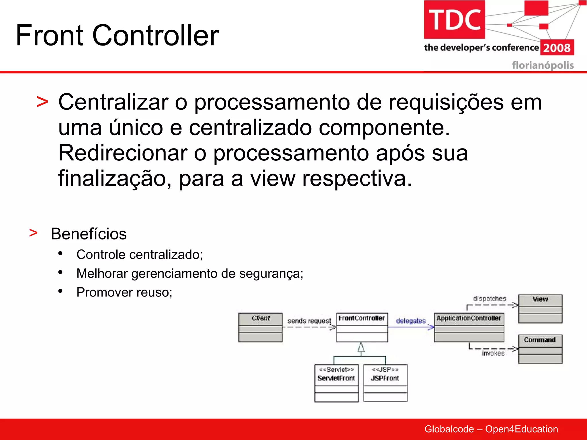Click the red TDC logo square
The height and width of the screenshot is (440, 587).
point(454,19)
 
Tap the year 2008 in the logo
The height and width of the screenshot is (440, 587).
point(557,48)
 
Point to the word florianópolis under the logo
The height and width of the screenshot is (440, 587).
point(543,65)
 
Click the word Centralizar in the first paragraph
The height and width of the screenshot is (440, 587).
point(113,102)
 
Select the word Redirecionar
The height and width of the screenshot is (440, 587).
point(123,153)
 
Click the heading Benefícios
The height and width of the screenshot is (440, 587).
point(89,234)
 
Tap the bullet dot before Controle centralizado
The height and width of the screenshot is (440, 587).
point(60,253)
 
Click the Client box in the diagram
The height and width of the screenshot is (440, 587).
point(260,327)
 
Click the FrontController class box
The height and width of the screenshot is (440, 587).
point(362,327)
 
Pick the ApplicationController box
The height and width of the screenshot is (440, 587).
point(469,327)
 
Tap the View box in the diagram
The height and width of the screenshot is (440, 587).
point(540,309)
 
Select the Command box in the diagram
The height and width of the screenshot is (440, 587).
point(540,349)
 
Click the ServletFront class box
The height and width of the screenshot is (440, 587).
point(336,383)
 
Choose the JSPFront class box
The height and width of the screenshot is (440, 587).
point(385,383)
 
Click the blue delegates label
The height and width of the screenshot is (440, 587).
point(411,321)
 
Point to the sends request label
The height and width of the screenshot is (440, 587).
point(309,321)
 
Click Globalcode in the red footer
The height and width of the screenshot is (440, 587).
point(449,429)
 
